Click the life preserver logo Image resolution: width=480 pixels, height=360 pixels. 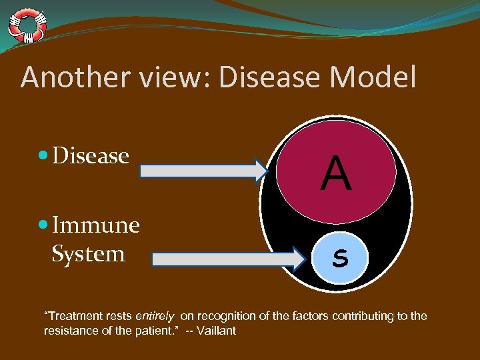[27, 25]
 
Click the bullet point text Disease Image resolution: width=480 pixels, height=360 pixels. [90, 155]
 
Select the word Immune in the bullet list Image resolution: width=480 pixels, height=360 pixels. [95, 225]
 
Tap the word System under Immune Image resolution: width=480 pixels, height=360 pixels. [88, 253]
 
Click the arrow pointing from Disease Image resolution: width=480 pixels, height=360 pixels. [203, 171]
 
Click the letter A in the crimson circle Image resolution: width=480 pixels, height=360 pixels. [335, 175]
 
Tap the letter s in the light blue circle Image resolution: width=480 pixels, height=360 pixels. [340, 257]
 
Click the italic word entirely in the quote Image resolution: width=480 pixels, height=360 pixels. [154, 316]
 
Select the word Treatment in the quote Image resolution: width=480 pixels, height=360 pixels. [71, 316]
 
